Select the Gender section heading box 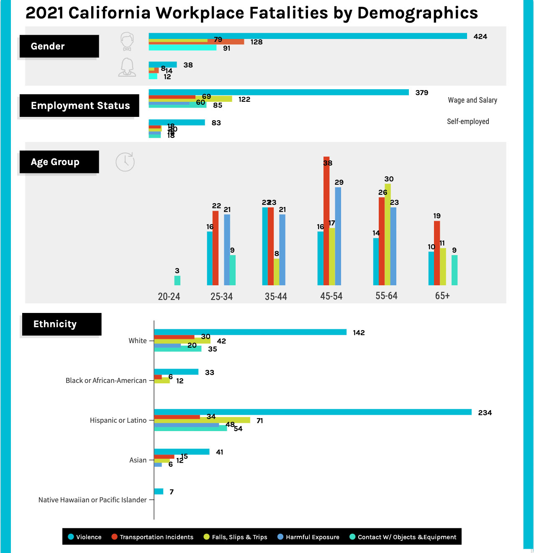[x=59, y=46]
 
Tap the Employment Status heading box [x=79, y=106]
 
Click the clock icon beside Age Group [x=125, y=162]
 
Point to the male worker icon [x=127, y=41]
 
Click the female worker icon [x=127, y=67]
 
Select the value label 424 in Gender [x=480, y=36]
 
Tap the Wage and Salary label [x=472, y=100]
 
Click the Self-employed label [x=468, y=121]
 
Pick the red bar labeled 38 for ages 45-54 [x=326, y=222]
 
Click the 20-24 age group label [x=169, y=296]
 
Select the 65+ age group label [x=442, y=296]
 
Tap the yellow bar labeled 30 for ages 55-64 [x=388, y=235]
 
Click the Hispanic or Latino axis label [x=118, y=420]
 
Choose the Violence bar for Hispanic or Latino [x=313, y=412]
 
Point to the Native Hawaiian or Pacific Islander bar [x=159, y=491]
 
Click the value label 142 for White [x=359, y=333]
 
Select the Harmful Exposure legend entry [x=308, y=537]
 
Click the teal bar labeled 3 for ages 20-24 [x=177, y=281]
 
